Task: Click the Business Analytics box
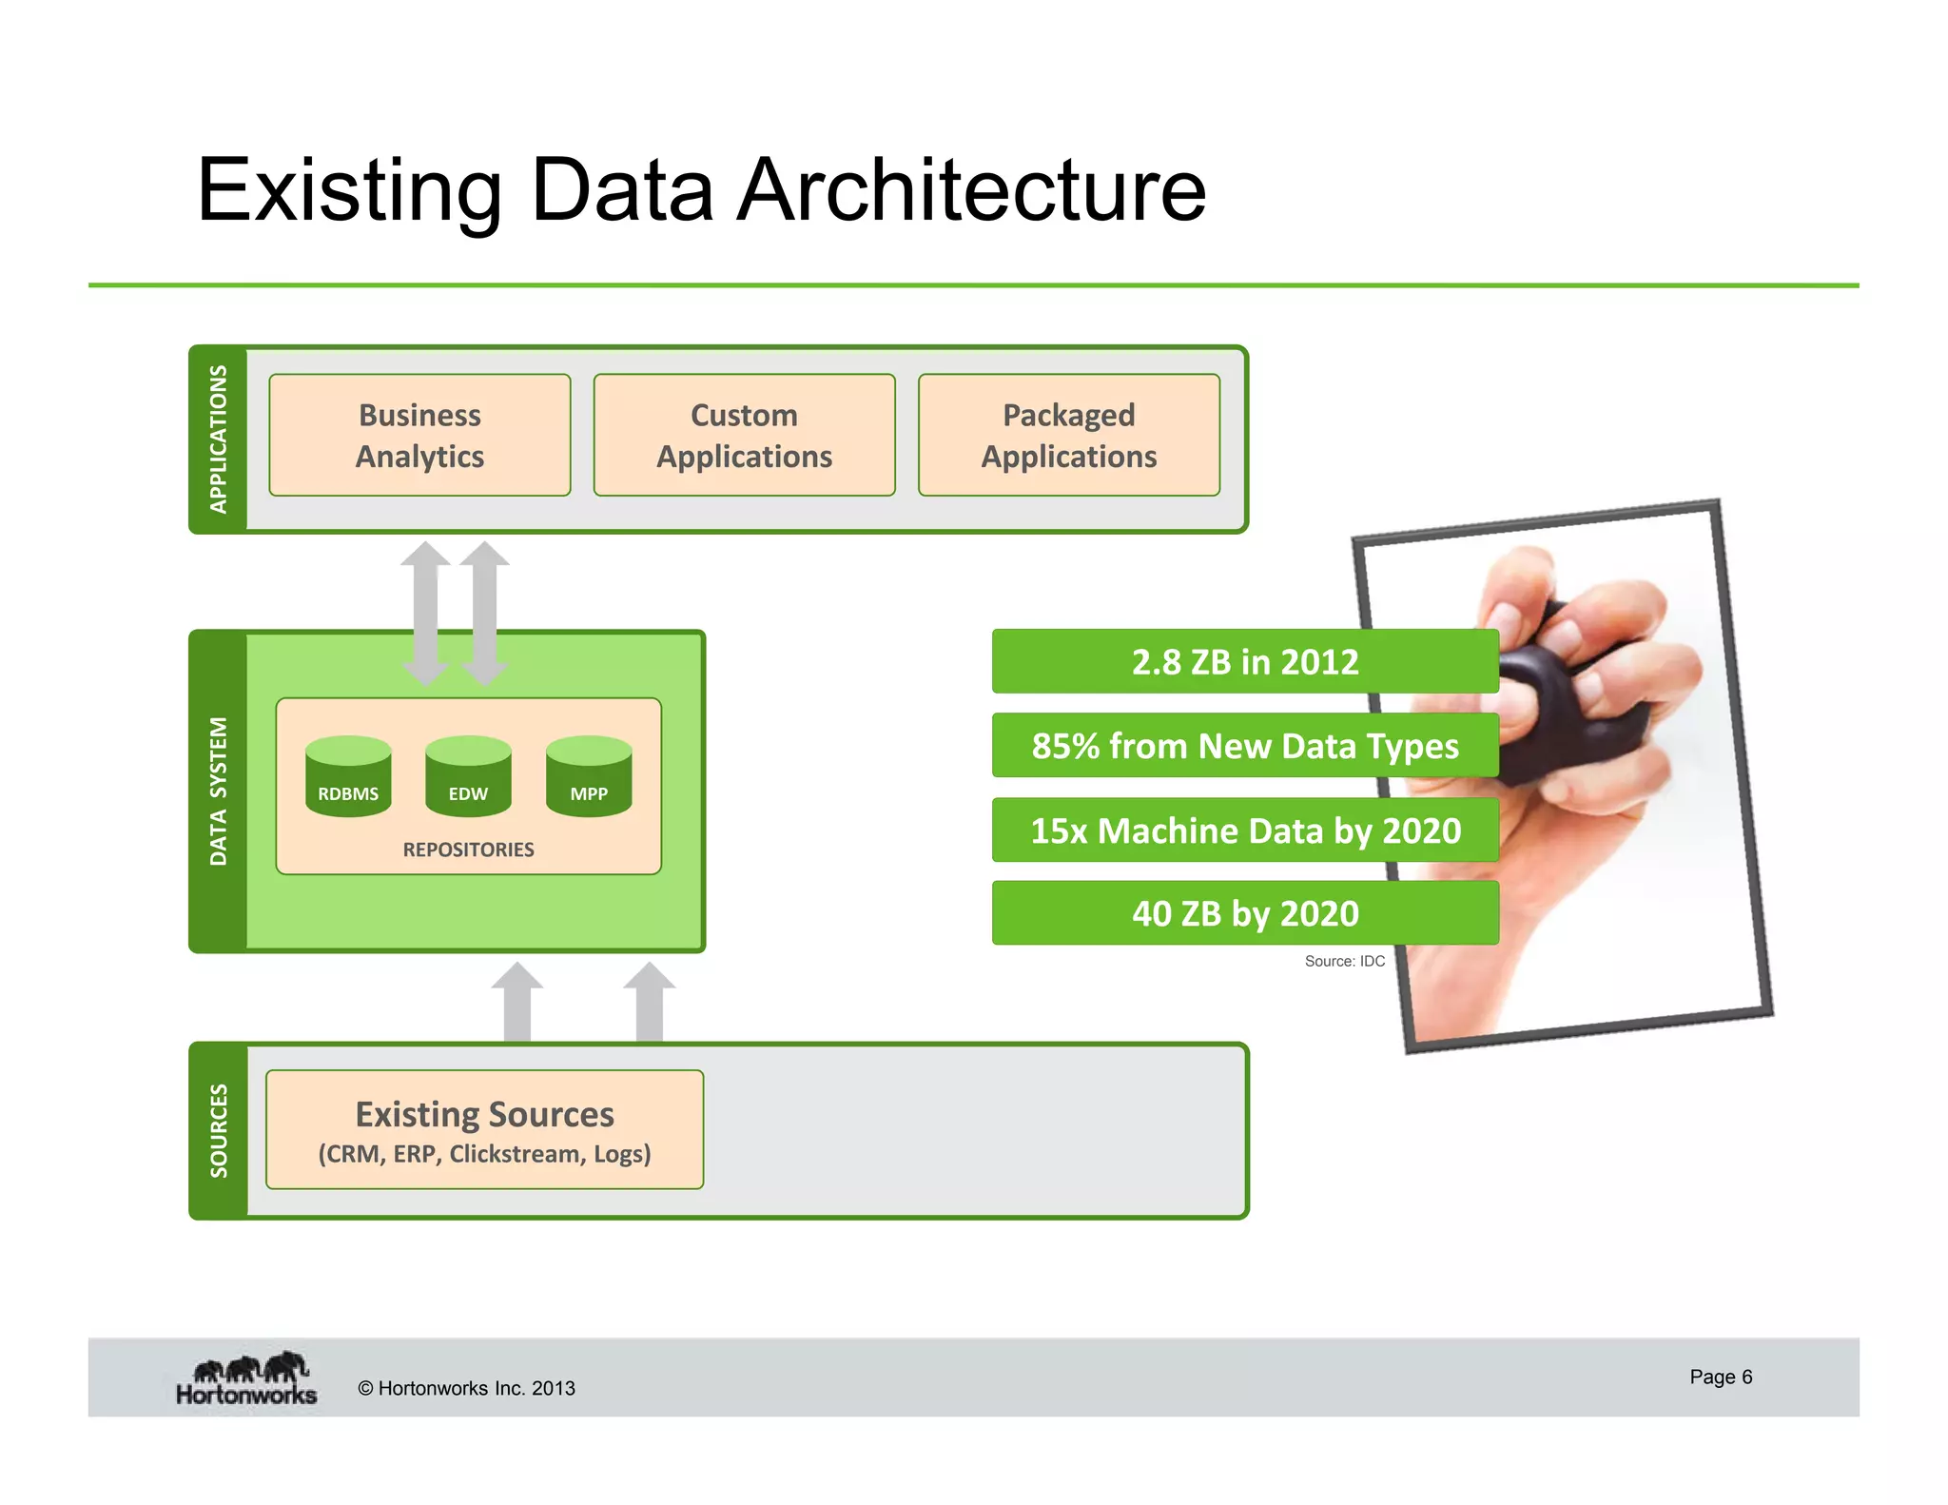coord(419,435)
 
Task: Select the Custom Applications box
coord(744,435)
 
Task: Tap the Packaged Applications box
coord(1068,435)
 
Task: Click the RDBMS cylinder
coord(348,776)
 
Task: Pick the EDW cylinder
coord(468,776)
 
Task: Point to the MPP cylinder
coord(589,776)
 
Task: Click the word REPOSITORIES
coord(468,850)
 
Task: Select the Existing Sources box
coord(484,1129)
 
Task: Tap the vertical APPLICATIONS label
coord(219,439)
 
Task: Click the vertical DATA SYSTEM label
coord(219,791)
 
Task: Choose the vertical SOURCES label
coord(219,1130)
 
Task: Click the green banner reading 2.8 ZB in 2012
coord(1244,661)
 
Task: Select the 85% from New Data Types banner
coord(1244,746)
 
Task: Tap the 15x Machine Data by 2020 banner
coord(1244,831)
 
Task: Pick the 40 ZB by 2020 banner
coord(1244,913)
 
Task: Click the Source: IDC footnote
coord(1344,962)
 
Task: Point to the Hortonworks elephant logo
coord(247,1378)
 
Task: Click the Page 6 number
coord(1720,1377)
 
